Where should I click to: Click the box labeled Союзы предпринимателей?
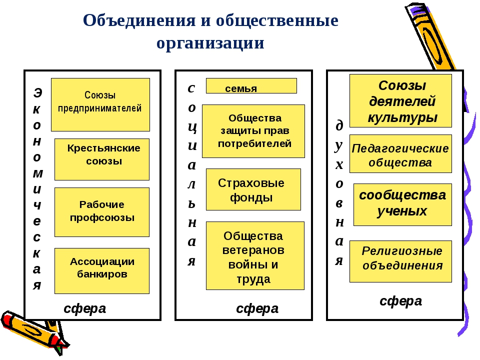point(100,104)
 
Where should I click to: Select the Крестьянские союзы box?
point(102,159)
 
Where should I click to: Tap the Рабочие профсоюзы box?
point(102,212)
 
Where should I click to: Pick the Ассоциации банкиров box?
point(102,271)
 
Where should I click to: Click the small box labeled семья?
point(251,85)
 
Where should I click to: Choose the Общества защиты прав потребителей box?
point(253,131)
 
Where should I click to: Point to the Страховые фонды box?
point(253,189)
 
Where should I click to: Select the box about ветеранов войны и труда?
point(255,255)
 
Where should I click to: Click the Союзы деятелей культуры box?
point(400,100)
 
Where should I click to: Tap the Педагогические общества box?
point(400,153)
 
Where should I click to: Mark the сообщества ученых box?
point(402,205)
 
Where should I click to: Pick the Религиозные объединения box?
point(400,261)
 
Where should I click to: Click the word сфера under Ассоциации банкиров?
point(85,308)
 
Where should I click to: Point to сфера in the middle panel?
point(257,308)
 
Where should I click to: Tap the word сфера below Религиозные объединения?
point(400,301)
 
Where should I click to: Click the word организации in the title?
point(210,43)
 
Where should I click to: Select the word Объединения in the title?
point(139,20)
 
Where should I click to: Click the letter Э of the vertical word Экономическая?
point(37,93)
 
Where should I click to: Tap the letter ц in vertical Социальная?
point(192,127)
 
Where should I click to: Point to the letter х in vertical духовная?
point(339,165)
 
